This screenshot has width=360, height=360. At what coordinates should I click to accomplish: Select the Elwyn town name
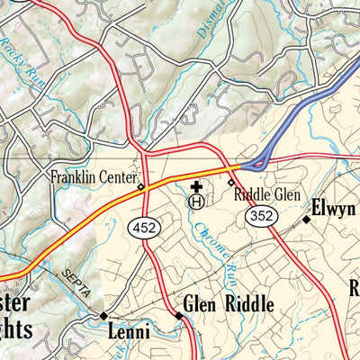(x=334, y=211)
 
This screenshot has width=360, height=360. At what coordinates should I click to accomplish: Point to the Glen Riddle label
(x=228, y=305)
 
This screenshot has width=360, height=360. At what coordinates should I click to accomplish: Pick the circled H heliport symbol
(x=195, y=203)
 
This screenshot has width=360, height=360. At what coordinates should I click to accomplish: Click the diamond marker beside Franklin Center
(x=140, y=187)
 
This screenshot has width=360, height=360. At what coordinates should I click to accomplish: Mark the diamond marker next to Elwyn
(x=306, y=218)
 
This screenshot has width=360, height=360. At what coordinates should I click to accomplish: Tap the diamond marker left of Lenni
(x=103, y=316)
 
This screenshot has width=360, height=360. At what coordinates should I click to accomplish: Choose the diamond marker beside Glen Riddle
(x=176, y=316)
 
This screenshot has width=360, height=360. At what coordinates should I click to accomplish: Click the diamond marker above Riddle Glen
(x=230, y=182)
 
